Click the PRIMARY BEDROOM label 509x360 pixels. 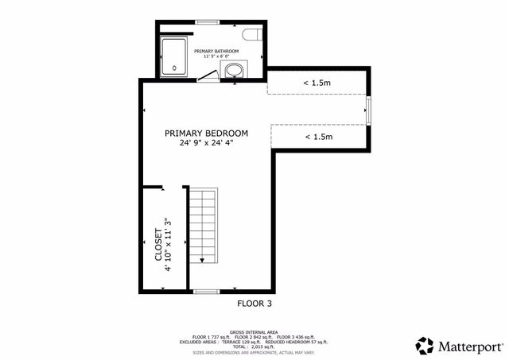206,133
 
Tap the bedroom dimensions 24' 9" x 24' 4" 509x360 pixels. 206,144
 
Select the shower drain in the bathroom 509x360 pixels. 174,68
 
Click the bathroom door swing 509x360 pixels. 208,75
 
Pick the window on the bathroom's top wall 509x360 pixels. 208,21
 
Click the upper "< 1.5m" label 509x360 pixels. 317,83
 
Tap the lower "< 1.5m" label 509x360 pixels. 318,137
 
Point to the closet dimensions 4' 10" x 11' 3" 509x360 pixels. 168,246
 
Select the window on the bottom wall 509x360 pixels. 207,292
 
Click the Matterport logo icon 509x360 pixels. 425,346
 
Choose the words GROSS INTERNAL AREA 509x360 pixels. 254,331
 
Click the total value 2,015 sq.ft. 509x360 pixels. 270,346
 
